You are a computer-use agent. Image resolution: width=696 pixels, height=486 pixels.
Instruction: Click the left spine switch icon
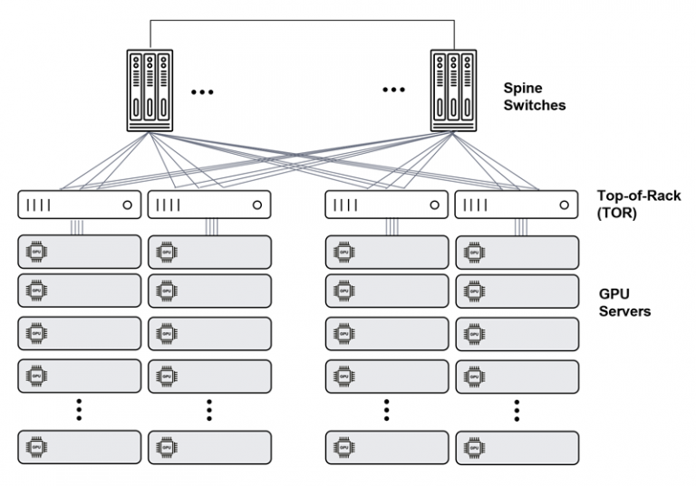coord(150,91)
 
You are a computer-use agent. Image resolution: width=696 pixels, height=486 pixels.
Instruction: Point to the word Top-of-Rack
coord(639,195)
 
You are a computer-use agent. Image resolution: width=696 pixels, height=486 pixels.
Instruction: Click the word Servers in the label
coord(624,311)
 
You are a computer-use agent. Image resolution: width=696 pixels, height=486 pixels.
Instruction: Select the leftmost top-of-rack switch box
coord(80,205)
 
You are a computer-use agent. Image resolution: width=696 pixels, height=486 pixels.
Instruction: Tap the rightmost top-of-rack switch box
coord(516,205)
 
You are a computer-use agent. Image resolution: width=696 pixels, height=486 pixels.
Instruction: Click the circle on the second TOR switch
coord(256,205)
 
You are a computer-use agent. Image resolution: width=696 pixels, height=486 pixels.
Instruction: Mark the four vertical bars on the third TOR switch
coord(344,205)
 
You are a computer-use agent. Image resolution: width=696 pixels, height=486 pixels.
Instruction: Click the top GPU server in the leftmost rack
coord(80,252)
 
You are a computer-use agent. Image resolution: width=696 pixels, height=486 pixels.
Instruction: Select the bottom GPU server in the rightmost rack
coord(516,447)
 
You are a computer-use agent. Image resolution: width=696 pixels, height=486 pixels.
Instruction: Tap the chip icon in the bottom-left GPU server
coord(36,447)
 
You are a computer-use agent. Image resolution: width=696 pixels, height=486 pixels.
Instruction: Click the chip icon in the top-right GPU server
coord(472,252)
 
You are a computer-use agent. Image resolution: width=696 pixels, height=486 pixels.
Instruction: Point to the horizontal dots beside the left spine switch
coord(202,91)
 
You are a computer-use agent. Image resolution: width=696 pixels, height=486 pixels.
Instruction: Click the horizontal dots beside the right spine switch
coord(394,91)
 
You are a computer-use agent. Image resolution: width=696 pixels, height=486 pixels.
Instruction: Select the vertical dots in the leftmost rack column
coord(80,409)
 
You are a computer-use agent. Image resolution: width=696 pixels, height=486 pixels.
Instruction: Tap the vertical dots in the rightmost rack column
coord(516,409)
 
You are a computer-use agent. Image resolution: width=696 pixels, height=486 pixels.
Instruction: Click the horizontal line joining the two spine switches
coord(302,20)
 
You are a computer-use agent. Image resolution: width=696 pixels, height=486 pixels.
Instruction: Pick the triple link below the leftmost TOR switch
coord(80,227)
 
